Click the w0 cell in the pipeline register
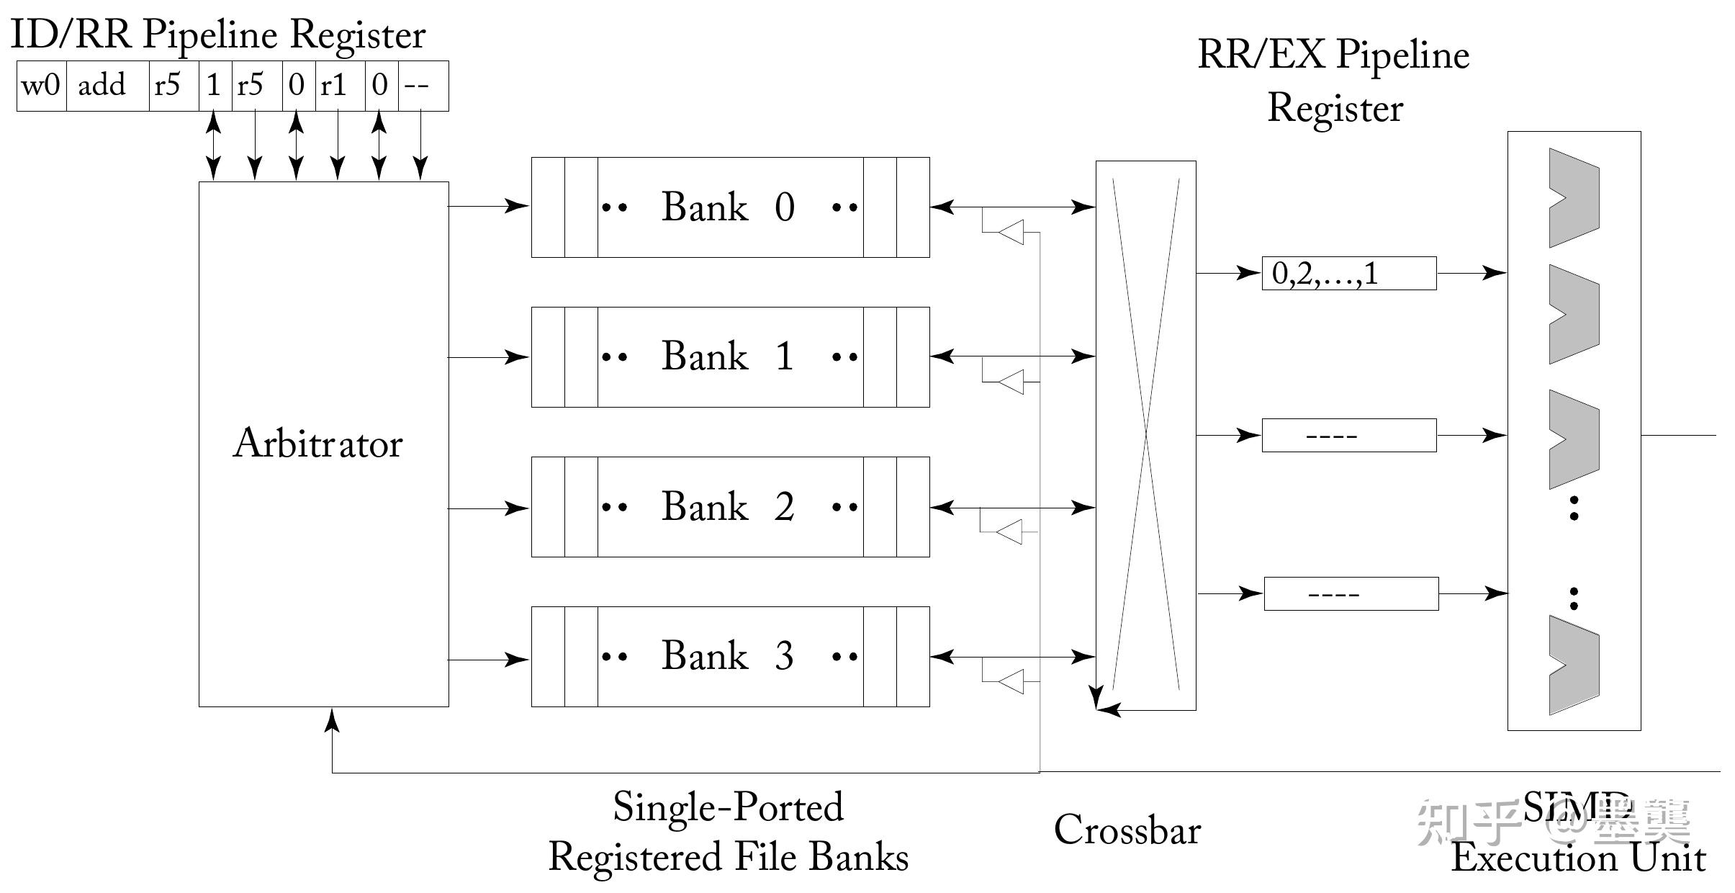pos(41,86)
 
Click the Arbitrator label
pos(317,443)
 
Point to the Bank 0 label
pos(728,207)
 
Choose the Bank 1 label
pos(728,356)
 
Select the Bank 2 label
pos(728,506)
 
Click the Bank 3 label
pos(728,656)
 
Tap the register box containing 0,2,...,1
pos(1348,274)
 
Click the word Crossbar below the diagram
pos(1127,830)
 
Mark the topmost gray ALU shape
pos(1574,198)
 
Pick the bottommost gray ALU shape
pos(1574,665)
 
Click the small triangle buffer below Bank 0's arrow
pos(1011,232)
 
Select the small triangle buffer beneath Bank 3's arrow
pos(1011,681)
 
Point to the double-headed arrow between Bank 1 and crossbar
pos(1012,356)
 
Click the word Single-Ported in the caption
pos(728,807)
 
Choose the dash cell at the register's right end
pos(423,86)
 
